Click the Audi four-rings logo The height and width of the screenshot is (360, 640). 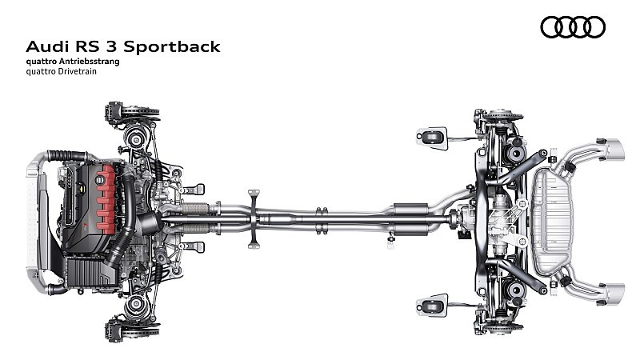point(573,27)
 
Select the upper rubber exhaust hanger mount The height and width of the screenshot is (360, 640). point(433,136)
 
